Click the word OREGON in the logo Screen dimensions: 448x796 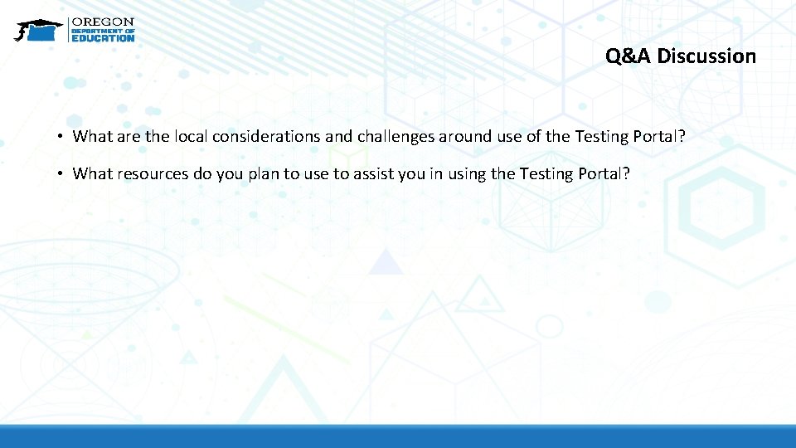[103, 22]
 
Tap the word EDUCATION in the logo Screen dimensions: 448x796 [103, 37]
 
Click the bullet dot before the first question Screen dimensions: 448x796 [62, 136]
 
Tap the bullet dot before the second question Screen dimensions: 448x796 [62, 173]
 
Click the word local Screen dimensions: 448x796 [191, 136]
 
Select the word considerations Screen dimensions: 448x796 [267, 136]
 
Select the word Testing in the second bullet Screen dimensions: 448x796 [546, 173]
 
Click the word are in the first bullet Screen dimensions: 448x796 [127, 136]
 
